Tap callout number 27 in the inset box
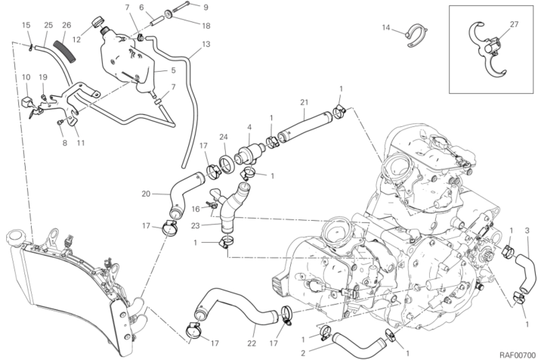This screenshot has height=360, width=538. click(x=515, y=25)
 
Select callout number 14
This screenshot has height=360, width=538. click(x=385, y=28)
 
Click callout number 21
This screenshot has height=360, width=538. click(x=304, y=103)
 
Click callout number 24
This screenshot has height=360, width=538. click(x=224, y=137)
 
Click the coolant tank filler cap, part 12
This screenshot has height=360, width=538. click(x=98, y=23)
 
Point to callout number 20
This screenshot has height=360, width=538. click(x=145, y=193)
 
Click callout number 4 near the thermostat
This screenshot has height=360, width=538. click(x=249, y=126)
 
